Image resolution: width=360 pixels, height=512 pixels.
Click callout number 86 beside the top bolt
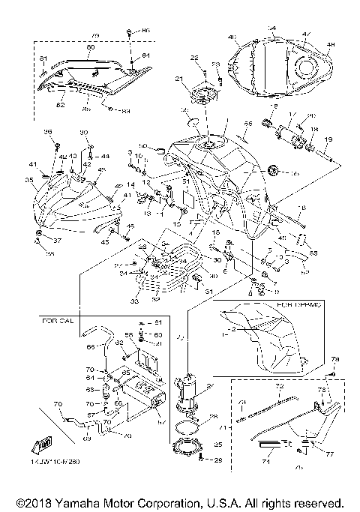(x=145, y=29)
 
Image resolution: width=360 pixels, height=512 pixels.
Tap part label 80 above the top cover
(x=90, y=47)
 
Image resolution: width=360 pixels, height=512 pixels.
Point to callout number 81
(x=43, y=58)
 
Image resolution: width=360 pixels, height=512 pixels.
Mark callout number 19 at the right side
(x=328, y=139)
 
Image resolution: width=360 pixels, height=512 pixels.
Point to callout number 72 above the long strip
(x=278, y=387)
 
